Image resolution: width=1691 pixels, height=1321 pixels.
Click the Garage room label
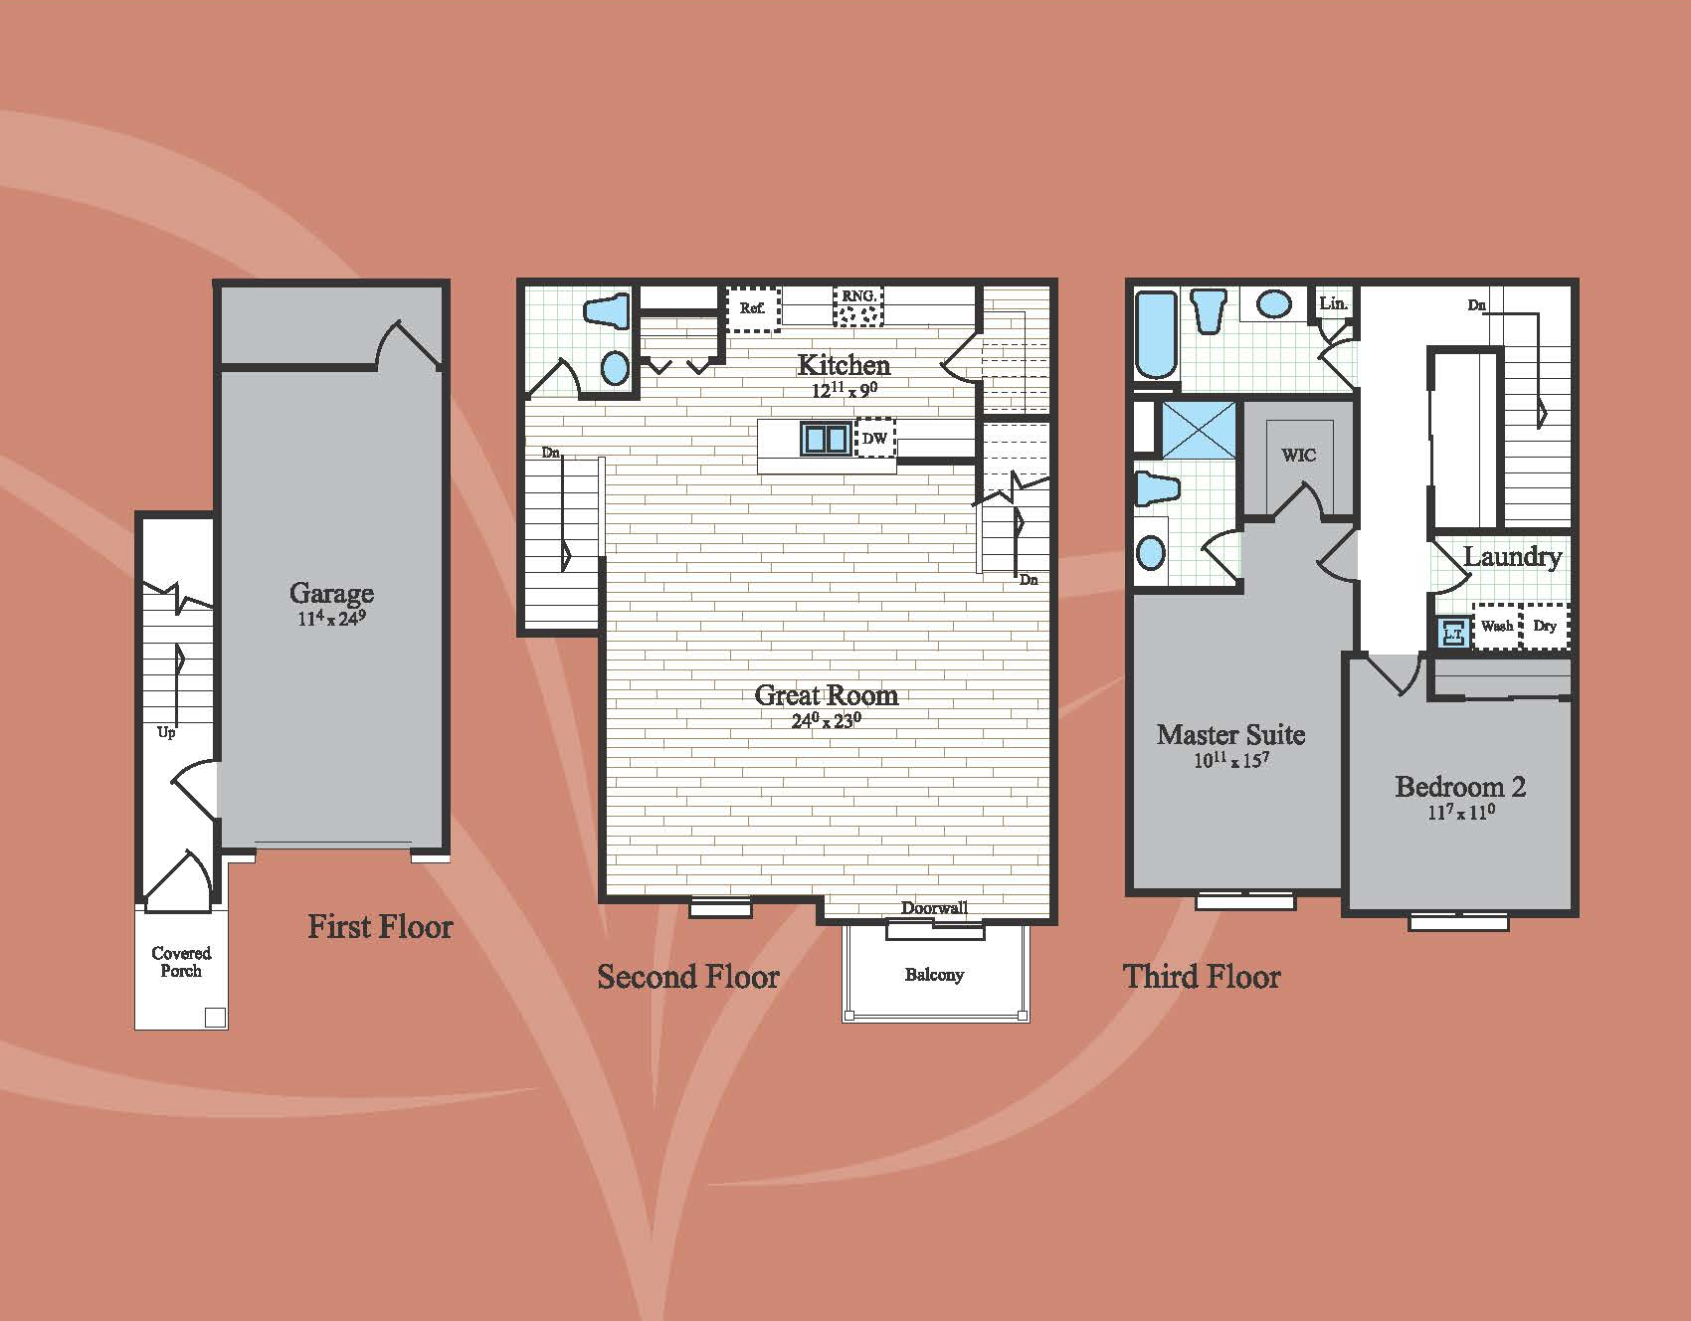(331, 593)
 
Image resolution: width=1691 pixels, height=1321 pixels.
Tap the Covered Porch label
(181, 962)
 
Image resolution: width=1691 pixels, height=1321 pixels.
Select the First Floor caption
(380, 927)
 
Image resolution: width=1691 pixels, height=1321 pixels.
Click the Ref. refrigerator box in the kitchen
(752, 307)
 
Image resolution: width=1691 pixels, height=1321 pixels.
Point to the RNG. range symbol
(857, 306)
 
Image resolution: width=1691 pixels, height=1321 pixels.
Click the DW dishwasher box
(875, 438)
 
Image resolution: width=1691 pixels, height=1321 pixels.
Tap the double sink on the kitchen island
(825, 438)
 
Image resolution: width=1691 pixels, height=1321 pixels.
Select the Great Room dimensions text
(826, 720)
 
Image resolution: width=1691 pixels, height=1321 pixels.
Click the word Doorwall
(934, 907)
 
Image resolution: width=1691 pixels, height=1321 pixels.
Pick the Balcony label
(934, 975)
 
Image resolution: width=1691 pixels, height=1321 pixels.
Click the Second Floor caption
(688, 977)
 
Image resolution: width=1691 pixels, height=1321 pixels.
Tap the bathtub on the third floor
(1156, 335)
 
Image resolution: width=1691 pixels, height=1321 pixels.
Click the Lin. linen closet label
(1333, 303)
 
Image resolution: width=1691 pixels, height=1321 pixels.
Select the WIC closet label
(1298, 455)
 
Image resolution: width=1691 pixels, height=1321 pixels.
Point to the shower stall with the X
(1199, 430)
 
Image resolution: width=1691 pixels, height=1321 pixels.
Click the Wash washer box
(1497, 626)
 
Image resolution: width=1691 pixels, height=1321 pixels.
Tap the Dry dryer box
(1545, 626)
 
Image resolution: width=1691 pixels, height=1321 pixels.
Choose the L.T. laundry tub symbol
(1453, 633)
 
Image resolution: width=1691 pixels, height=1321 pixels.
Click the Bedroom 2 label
(1460, 787)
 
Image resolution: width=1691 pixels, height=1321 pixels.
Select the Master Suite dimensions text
(1231, 761)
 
